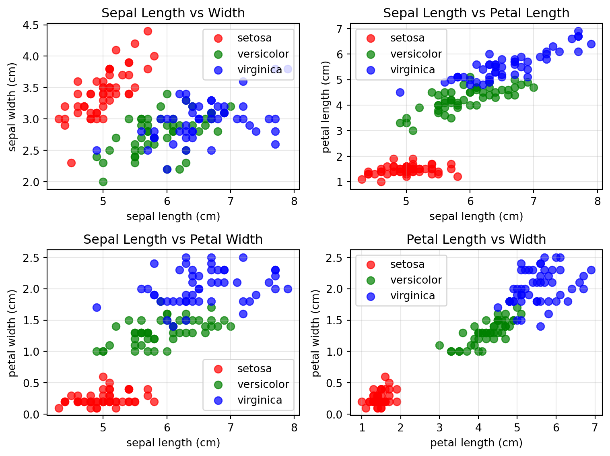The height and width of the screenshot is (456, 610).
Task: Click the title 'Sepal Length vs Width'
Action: click(173, 13)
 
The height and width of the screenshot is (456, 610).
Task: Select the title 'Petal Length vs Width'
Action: click(476, 240)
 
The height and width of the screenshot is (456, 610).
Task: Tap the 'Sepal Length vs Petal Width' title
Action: click(173, 240)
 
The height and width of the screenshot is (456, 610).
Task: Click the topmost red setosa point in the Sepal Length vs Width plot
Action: click(148, 31)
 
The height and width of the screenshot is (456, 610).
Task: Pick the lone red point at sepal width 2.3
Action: click(71, 163)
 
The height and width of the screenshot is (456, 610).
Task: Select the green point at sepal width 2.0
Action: click(103, 182)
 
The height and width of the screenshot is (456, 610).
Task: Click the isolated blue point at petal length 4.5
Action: click(400, 92)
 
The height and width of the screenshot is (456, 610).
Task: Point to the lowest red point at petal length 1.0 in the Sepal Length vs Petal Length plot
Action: click(381, 182)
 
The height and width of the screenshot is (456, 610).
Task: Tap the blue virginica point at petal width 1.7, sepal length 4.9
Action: click(97, 307)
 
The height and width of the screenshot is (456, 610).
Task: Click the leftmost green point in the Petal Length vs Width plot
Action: click(439, 345)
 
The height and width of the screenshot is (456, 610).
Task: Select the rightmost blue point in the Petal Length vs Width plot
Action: click(591, 270)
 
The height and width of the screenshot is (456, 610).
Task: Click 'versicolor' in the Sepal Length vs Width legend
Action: click(263, 54)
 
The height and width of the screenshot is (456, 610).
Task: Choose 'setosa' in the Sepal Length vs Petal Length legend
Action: click(407, 38)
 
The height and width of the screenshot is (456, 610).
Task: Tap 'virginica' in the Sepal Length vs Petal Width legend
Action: click(260, 400)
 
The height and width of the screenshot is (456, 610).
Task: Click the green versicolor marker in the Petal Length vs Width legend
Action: click(371, 280)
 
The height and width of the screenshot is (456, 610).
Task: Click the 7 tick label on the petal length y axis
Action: click(339, 29)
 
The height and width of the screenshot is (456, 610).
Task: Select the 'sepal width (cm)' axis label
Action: click(12, 107)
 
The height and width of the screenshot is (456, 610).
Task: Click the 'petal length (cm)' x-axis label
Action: click(476, 443)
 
